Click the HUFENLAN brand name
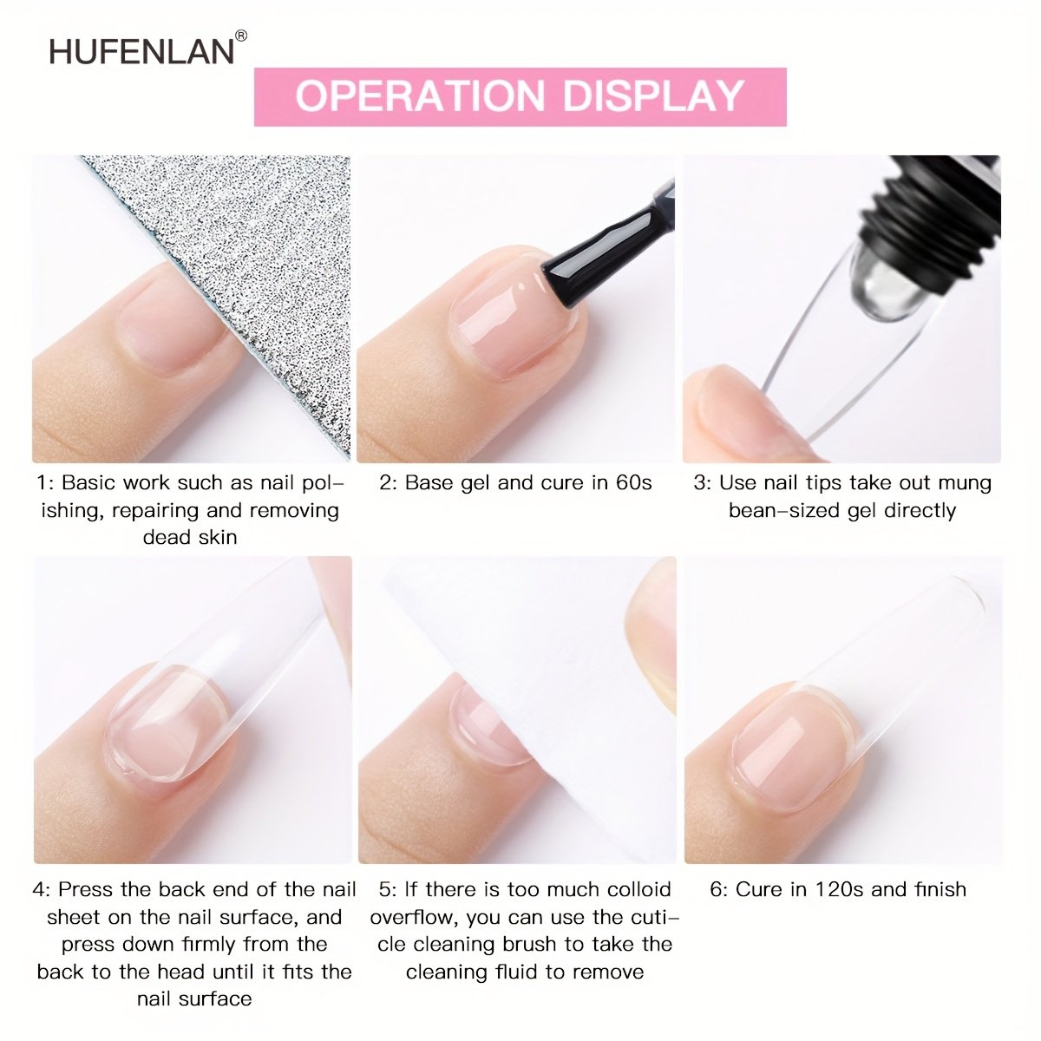pyautogui.click(x=141, y=52)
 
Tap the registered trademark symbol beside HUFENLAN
pyautogui.click(x=241, y=36)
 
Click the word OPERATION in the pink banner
pyautogui.click(x=420, y=96)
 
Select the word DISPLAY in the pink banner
pyautogui.click(x=653, y=96)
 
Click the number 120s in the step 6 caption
pyautogui.click(x=839, y=889)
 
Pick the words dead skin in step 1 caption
pyautogui.click(x=190, y=537)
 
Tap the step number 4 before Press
pyautogui.click(x=40, y=889)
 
